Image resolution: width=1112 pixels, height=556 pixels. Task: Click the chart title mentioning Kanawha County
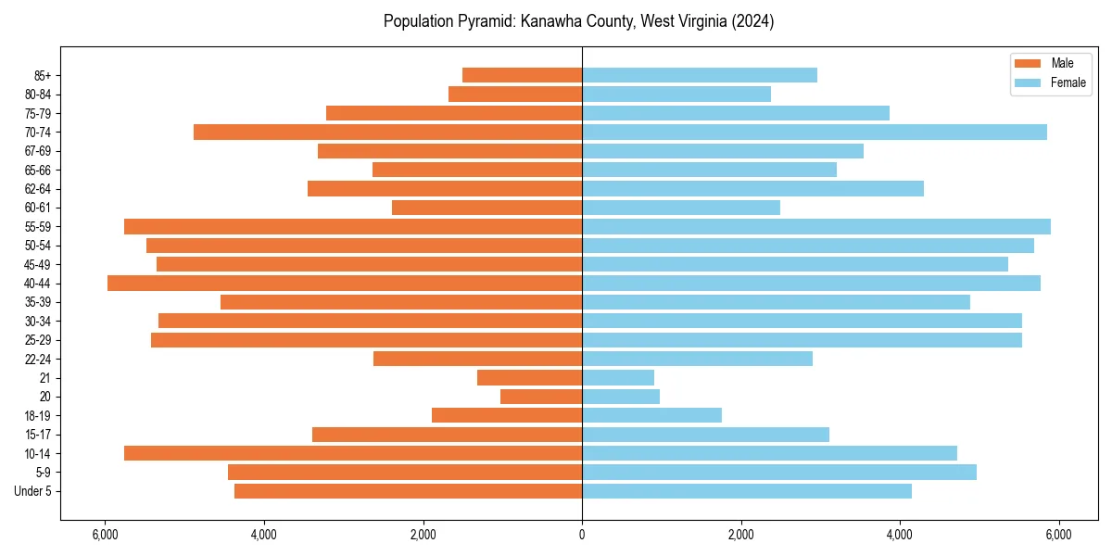(578, 21)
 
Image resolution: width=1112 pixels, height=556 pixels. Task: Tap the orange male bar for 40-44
(345, 283)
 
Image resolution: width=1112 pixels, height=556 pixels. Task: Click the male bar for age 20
(541, 397)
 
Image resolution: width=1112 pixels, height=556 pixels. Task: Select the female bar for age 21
(618, 377)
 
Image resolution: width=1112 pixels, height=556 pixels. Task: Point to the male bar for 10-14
(353, 453)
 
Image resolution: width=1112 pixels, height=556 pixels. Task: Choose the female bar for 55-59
(815, 226)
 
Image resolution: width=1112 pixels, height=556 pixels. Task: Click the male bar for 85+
(523, 75)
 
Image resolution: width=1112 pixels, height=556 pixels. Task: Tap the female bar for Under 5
(747, 491)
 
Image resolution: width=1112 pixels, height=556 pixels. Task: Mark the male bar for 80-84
(515, 94)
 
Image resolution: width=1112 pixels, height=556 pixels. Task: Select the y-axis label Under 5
(33, 491)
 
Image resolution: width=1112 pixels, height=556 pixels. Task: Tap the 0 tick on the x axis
(582, 535)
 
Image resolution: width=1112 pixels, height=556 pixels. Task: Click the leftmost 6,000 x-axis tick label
(106, 535)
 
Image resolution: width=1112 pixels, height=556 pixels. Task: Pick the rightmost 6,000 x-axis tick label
(1058, 535)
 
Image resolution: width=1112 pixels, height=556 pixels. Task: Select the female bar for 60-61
(681, 208)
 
